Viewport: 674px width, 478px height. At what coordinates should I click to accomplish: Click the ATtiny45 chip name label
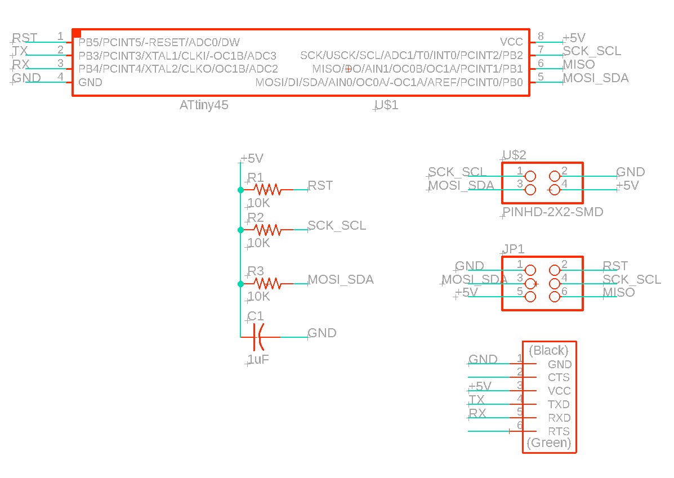coord(204,105)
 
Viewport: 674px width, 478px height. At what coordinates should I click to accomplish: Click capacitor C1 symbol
coord(258,337)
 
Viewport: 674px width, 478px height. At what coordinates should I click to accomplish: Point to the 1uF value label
coord(258,360)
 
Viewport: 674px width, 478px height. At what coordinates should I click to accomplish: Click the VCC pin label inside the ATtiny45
coord(511,42)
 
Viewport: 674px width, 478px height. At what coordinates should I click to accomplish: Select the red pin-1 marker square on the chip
coord(77,34)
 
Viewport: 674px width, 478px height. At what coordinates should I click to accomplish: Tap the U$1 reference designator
coord(386,105)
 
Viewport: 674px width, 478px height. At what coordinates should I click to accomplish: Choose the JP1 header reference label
coord(513,249)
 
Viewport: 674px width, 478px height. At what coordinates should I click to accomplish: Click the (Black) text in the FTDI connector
coord(548,351)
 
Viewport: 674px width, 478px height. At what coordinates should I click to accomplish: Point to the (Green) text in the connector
coord(548,443)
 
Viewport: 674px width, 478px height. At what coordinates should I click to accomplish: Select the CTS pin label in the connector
coord(559,378)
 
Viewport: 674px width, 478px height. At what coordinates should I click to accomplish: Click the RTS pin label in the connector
coord(559,432)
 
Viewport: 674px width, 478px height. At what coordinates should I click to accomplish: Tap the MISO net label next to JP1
coord(618,292)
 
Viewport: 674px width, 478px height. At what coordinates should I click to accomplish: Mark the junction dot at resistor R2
coord(240,230)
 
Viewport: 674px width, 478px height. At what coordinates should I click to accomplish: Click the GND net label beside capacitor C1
coord(322,333)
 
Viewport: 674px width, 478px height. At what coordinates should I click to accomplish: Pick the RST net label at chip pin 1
coord(25,38)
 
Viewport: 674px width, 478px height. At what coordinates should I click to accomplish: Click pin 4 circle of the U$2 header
coord(554,190)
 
